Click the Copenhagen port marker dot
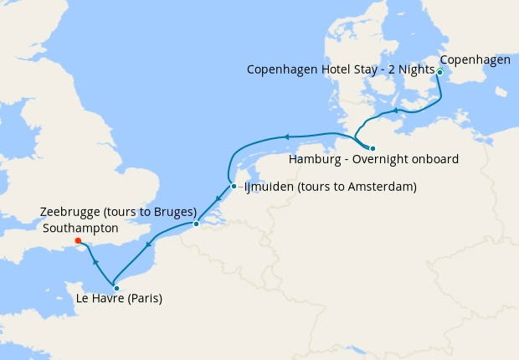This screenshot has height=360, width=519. pyautogui.click(x=439, y=72)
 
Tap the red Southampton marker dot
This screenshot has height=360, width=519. pyautogui.click(x=77, y=244)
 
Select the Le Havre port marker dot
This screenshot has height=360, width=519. pyautogui.click(x=116, y=288)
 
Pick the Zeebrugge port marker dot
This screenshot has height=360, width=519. pyautogui.click(x=196, y=224)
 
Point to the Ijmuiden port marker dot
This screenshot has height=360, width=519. pyautogui.click(x=234, y=186)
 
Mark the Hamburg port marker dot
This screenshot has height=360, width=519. pyautogui.click(x=373, y=148)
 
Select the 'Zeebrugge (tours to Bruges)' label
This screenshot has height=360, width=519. pyautogui.click(x=118, y=211)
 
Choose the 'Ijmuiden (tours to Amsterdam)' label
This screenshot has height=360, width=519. pyautogui.click(x=330, y=187)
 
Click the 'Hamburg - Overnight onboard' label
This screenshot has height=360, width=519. pyautogui.click(x=373, y=159)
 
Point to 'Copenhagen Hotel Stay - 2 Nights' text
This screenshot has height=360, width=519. pyautogui.click(x=341, y=69)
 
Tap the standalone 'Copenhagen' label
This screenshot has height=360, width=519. pyautogui.click(x=475, y=59)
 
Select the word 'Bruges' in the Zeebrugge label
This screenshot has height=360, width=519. pyautogui.click(x=176, y=211)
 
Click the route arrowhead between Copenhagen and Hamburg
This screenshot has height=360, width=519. pyautogui.click(x=395, y=111)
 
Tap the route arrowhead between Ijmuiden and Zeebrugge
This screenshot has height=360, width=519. pyautogui.click(x=218, y=199)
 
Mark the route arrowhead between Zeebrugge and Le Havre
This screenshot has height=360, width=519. pyautogui.click(x=149, y=245)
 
